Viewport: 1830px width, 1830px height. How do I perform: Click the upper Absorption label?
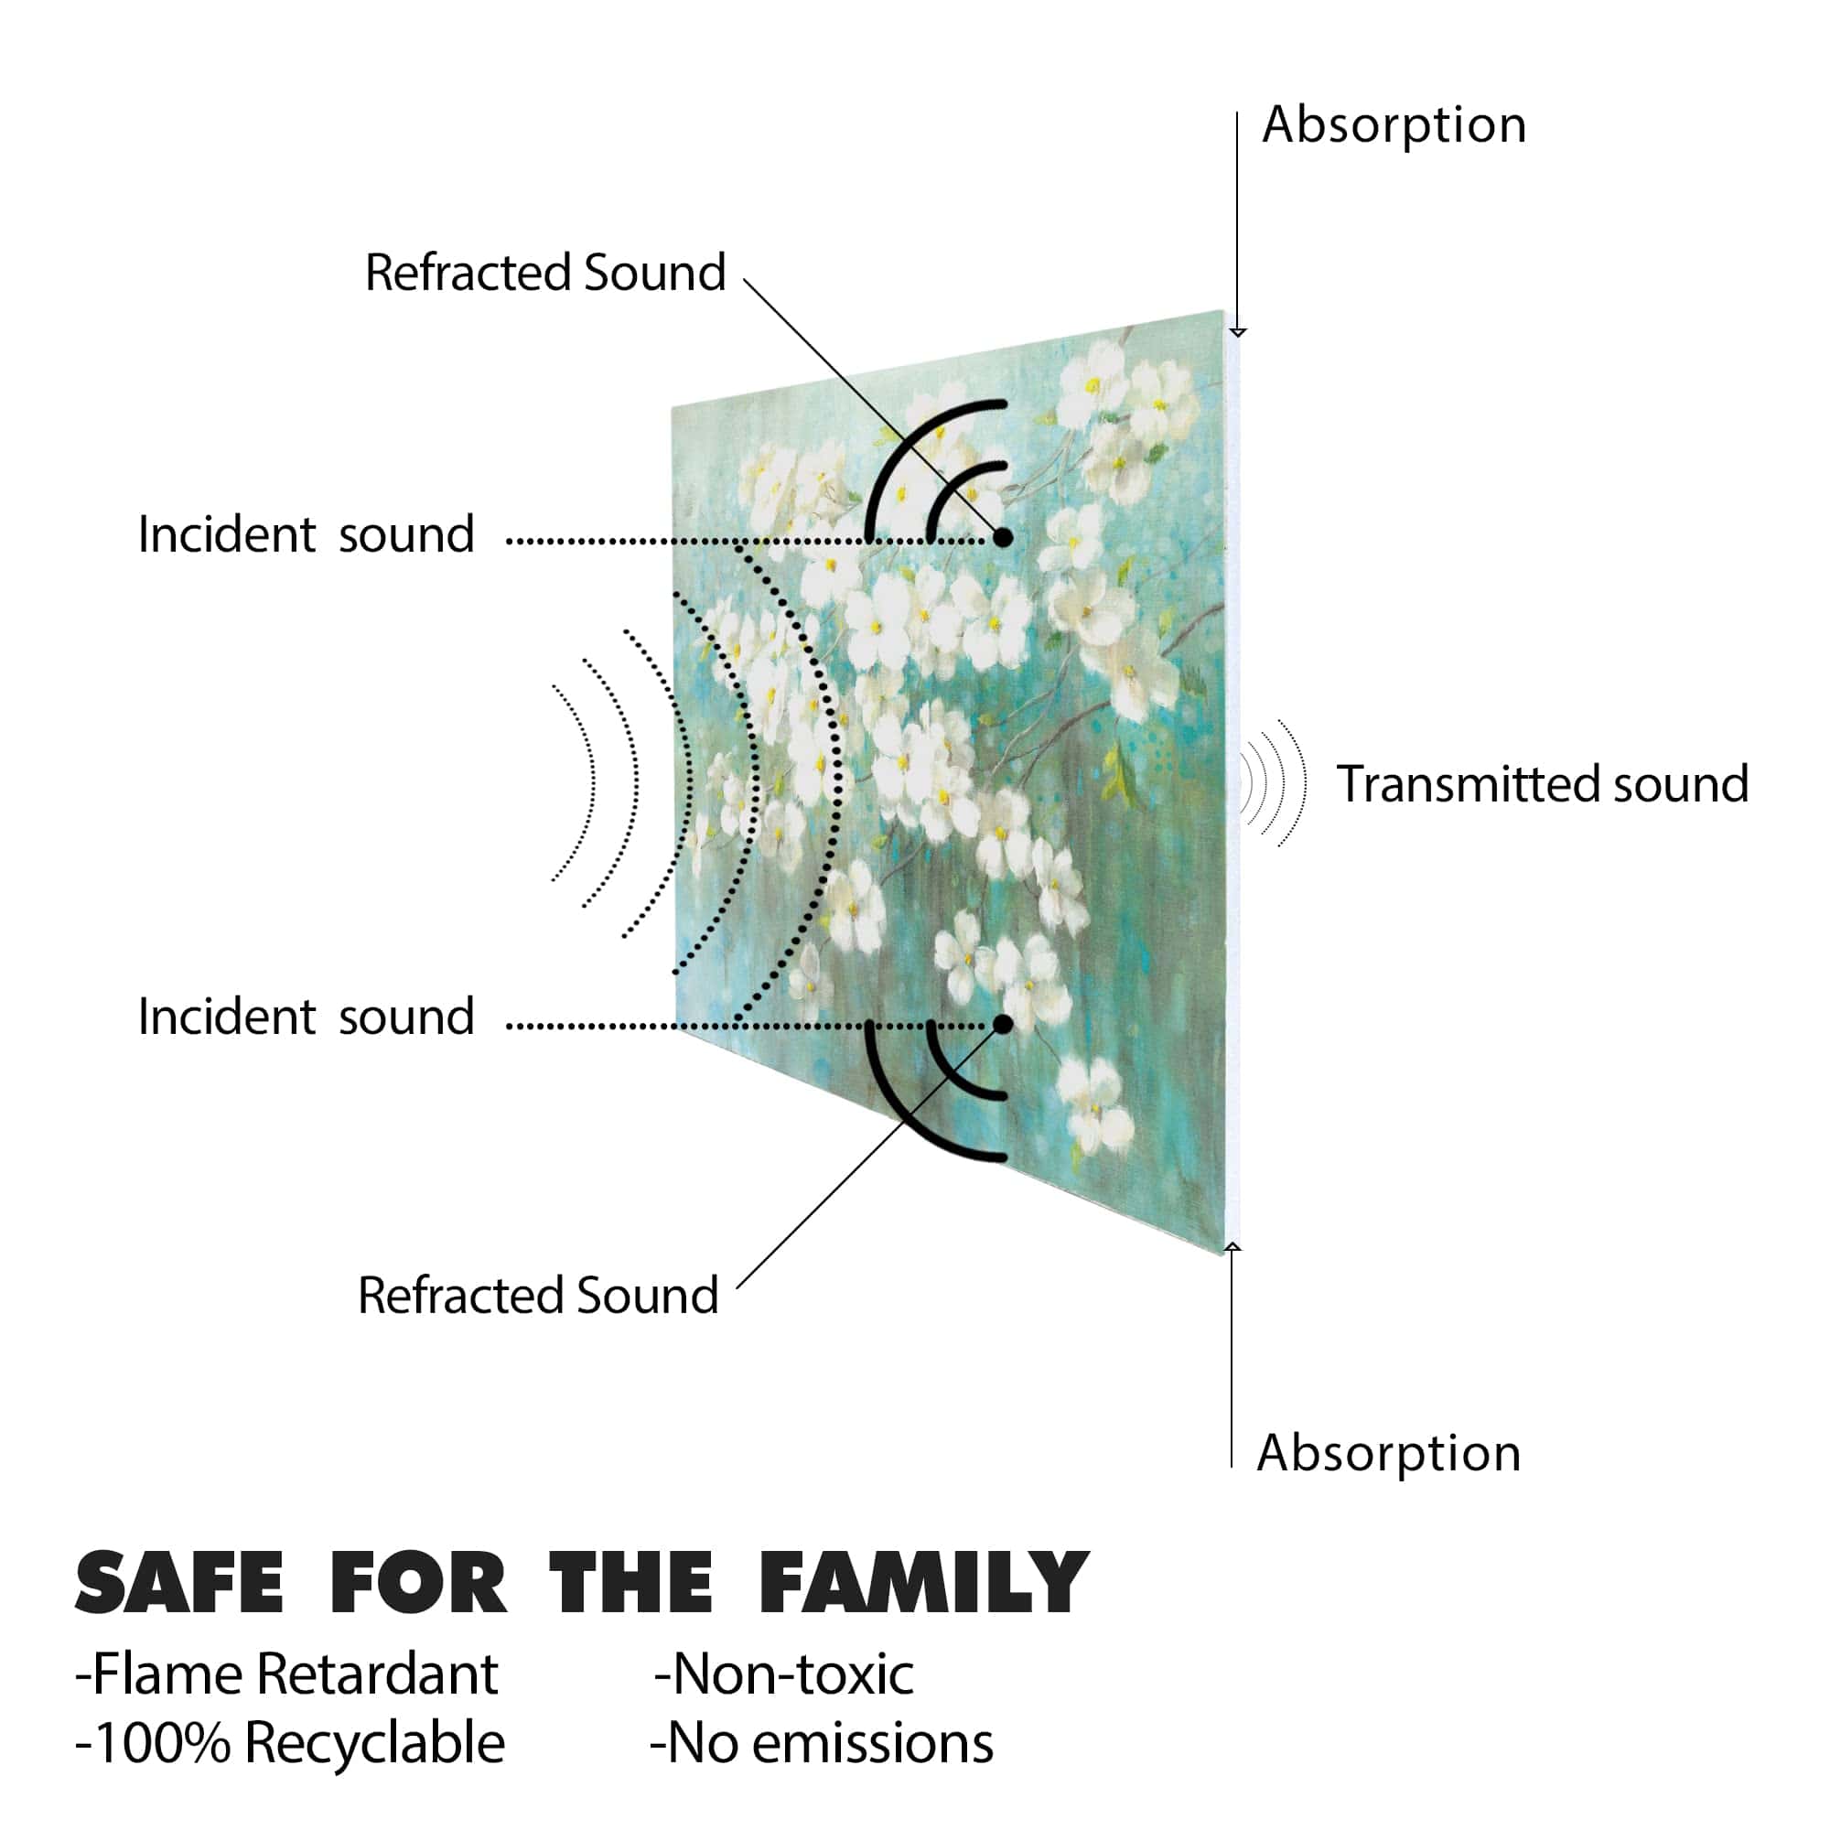[x=1394, y=126]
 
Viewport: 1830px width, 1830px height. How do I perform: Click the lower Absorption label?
[x=1389, y=1453]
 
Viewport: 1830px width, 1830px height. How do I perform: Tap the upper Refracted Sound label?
[x=545, y=273]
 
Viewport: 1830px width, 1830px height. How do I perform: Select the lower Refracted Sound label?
[x=538, y=1295]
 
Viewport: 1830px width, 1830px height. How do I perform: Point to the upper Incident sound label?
[x=306, y=534]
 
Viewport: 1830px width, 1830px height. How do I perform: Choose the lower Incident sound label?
[x=306, y=1017]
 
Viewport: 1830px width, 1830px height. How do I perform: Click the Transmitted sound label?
[x=1542, y=784]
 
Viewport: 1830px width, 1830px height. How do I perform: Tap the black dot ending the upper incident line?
[x=1003, y=538]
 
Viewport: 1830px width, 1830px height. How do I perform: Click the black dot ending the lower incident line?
[x=1003, y=1024]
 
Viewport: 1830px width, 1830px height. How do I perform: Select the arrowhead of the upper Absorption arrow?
[x=1237, y=332]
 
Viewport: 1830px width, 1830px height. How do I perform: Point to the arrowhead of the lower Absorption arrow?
[x=1232, y=1246]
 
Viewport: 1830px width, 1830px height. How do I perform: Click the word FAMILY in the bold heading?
[x=924, y=1583]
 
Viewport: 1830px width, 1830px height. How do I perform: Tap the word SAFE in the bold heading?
[x=179, y=1583]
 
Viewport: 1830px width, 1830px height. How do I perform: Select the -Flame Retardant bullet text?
[x=286, y=1674]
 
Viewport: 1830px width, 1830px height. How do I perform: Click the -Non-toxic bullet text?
[x=783, y=1674]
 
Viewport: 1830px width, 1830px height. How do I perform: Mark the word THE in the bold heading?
[x=630, y=1583]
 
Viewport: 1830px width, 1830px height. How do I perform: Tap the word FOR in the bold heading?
[x=418, y=1583]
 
